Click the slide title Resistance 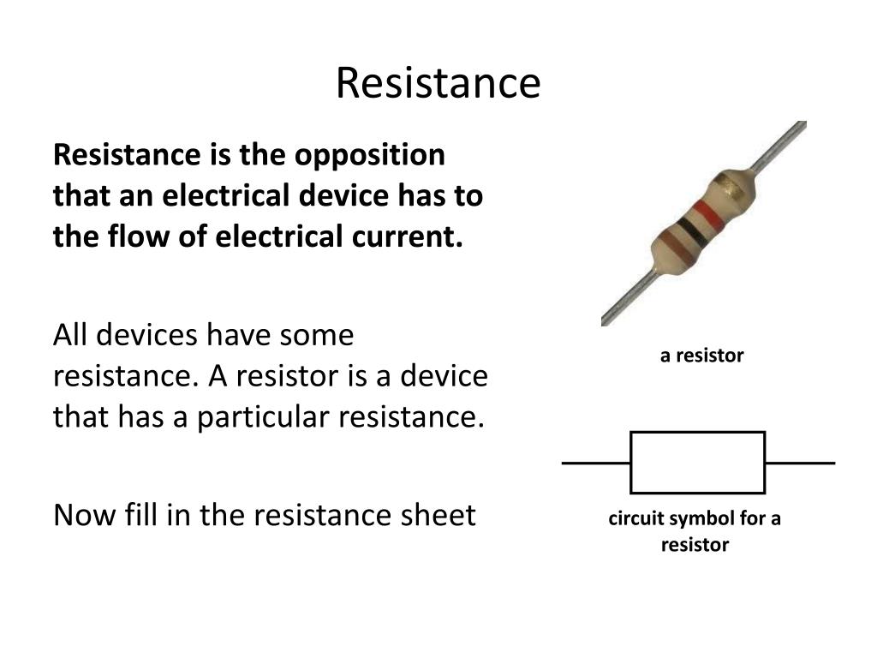[x=438, y=83]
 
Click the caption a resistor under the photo [x=701, y=356]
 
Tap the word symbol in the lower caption [x=696, y=518]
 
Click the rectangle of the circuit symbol [x=697, y=463]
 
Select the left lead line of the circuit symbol [x=596, y=463]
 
